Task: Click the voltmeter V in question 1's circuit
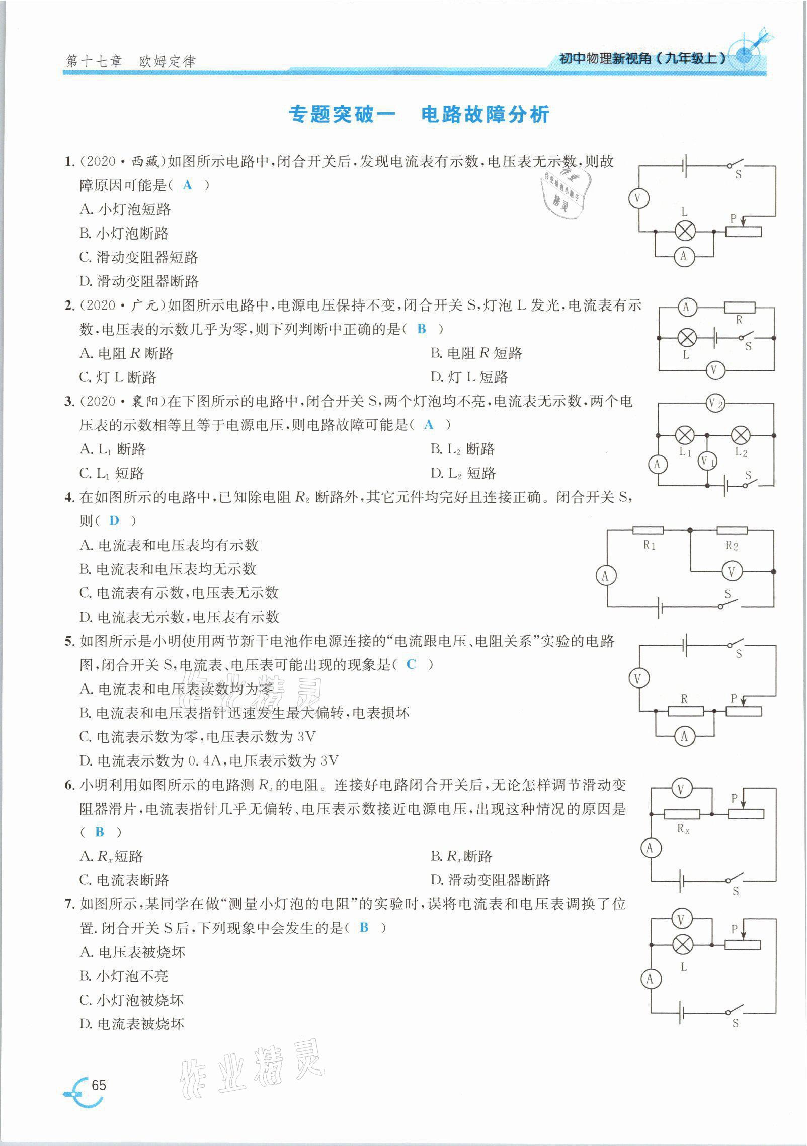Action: click(638, 198)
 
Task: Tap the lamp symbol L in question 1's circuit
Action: click(684, 232)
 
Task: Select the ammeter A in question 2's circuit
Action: click(686, 307)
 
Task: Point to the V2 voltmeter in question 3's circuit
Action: click(715, 403)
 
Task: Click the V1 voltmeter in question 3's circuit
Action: click(707, 461)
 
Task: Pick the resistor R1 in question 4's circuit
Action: click(648, 530)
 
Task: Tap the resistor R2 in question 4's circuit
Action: click(732, 530)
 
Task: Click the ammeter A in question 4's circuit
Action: click(605, 576)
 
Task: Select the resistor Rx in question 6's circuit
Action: click(682, 814)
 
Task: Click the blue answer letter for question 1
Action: click(188, 185)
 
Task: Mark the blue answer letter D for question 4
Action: click(114, 520)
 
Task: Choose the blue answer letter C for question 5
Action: click(411, 664)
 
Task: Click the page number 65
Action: click(99, 1085)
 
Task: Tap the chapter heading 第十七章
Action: click(94, 62)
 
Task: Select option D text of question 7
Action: click(132, 1023)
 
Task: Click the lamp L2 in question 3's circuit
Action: click(740, 435)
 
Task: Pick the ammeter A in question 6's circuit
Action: click(650, 848)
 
